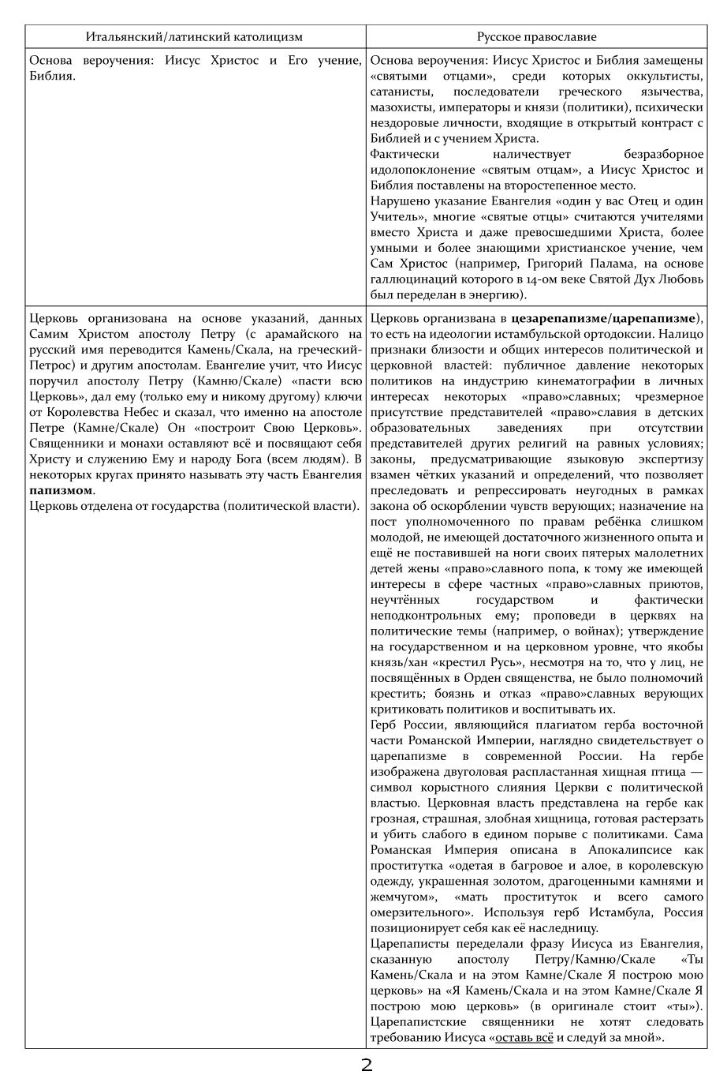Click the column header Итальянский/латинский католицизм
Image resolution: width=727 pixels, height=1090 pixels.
194,37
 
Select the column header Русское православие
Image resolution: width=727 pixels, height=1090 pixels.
536,37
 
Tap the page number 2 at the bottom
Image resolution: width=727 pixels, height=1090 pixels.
366,1066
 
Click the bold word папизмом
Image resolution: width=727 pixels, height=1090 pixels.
59,490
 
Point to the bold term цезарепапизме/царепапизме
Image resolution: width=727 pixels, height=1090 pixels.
603,319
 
